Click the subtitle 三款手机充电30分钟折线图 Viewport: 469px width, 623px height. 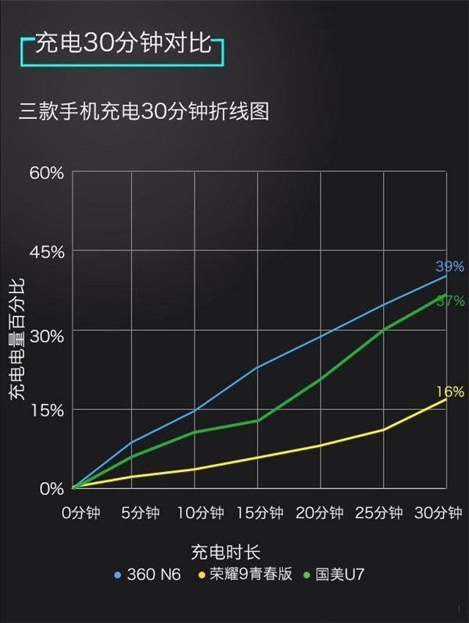coord(144,111)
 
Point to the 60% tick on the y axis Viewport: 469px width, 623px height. coord(47,172)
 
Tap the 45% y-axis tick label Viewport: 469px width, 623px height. coord(47,252)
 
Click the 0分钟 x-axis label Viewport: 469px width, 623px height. coord(81,513)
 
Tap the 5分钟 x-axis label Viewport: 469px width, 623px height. coord(141,513)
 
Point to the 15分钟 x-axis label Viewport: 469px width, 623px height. coord(260,513)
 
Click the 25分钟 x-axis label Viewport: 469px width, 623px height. coord(379,513)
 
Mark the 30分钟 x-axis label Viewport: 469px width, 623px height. coord(439,513)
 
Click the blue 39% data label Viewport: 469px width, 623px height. coord(450,267)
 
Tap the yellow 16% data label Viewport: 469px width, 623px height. coord(450,391)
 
